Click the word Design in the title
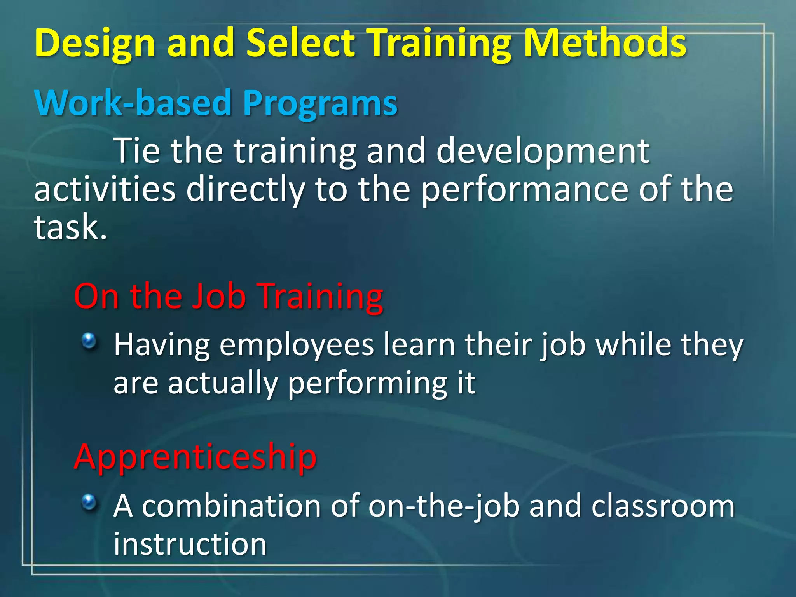click(95, 44)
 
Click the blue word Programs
click(320, 103)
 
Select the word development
click(543, 152)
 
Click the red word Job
click(220, 296)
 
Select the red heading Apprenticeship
click(195, 457)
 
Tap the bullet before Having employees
click(89, 341)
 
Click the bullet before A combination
click(89, 502)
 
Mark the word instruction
click(190, 544)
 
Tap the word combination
click(232, 506)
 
